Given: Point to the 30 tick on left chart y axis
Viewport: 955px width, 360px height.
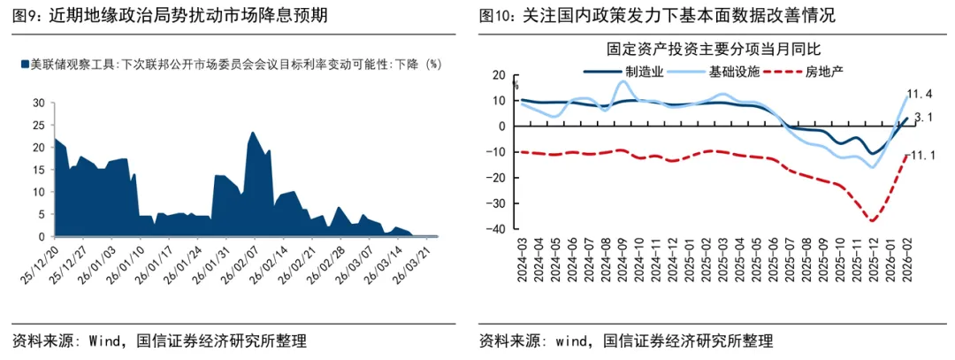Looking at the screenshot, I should click(38, 103).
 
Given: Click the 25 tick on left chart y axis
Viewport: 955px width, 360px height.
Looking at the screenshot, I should click(38, 125).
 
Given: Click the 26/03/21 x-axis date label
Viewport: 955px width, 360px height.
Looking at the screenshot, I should click(418, 261).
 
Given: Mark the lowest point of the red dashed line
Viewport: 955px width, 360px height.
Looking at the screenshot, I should click(872, 220).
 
